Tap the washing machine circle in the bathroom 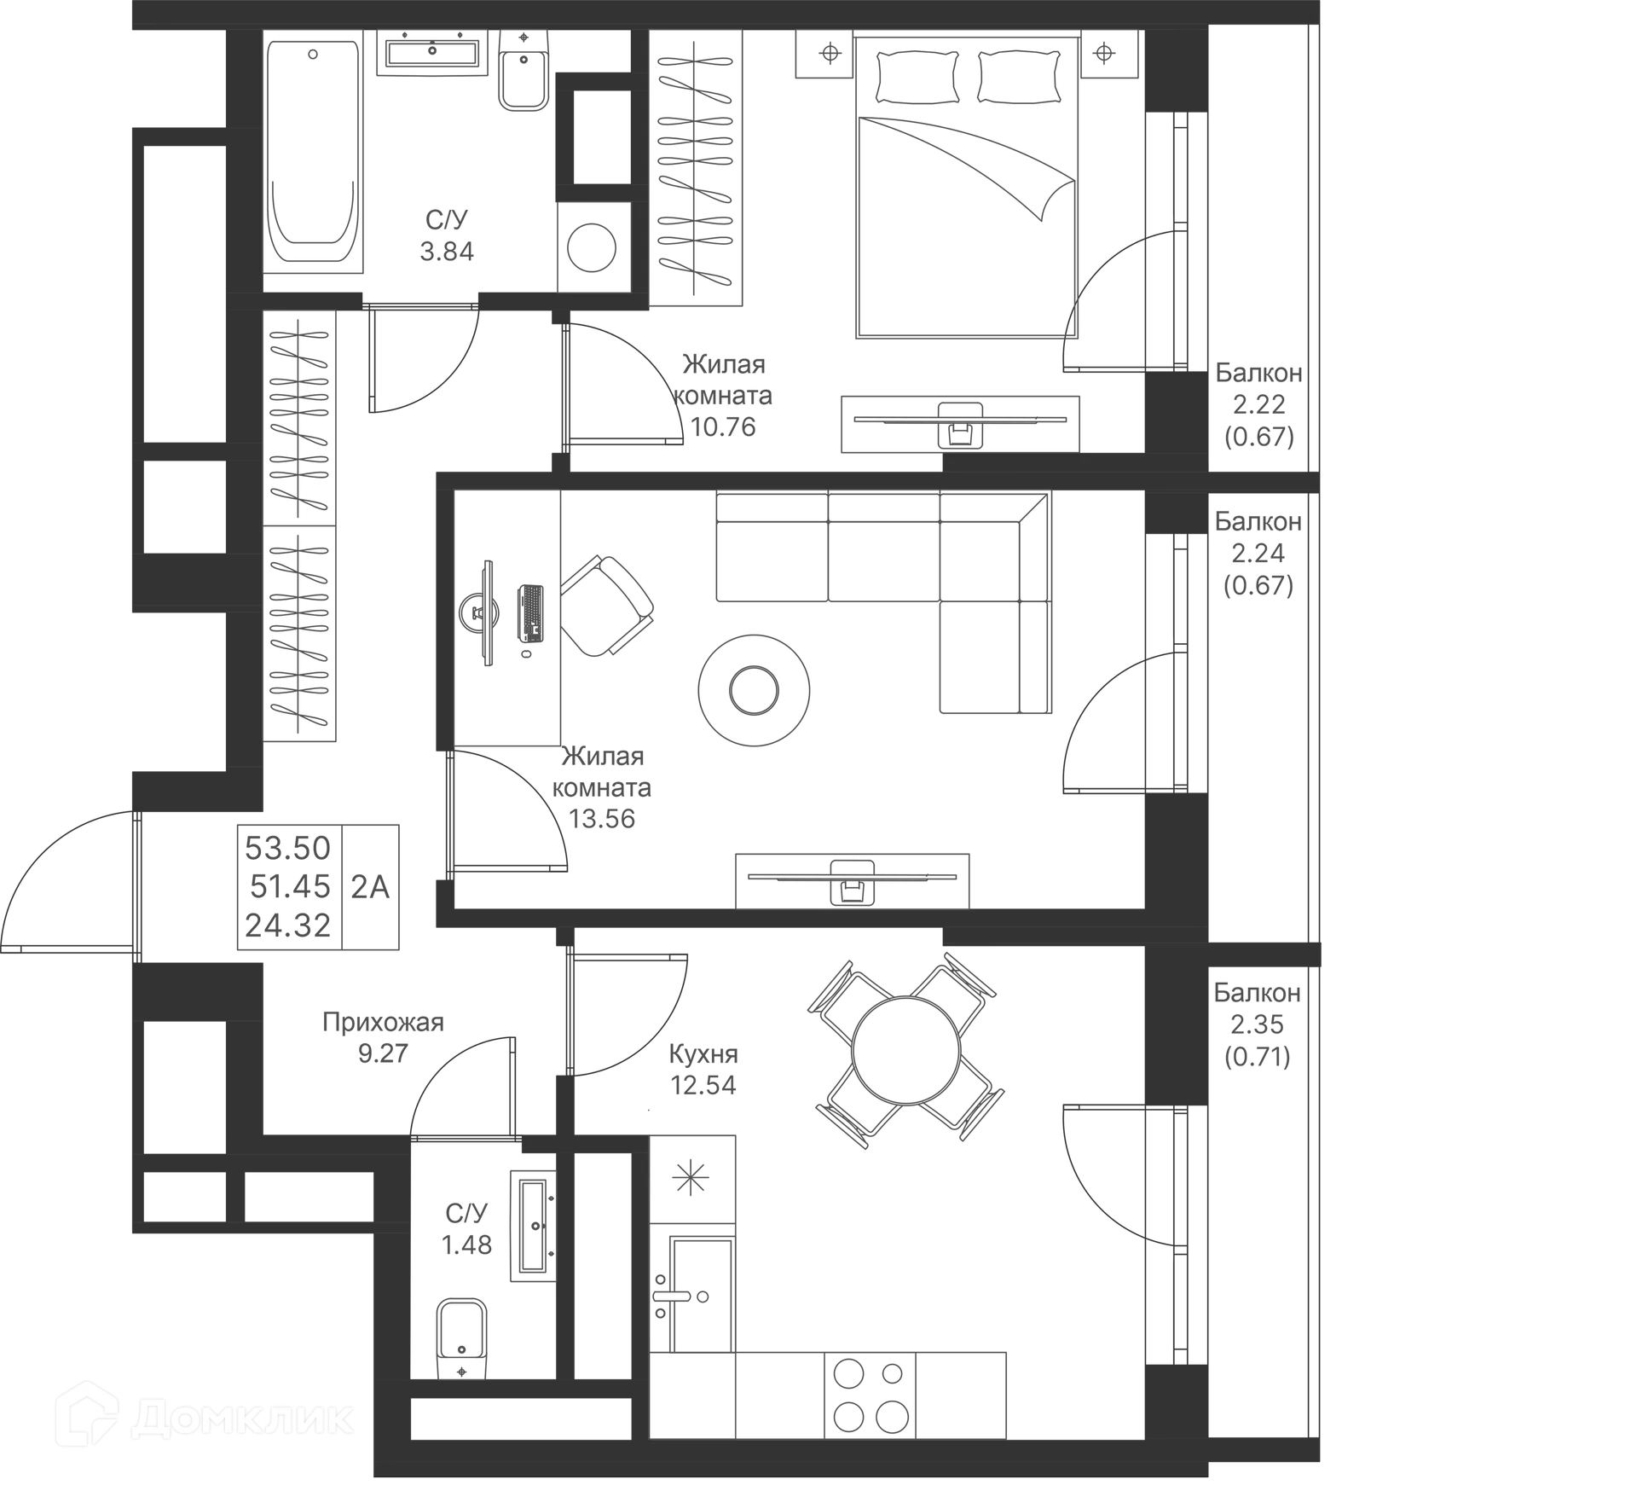click(593, 247)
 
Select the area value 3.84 click(447, 252)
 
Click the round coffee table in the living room click(754, 690)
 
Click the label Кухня click(703, 1054)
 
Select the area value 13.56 click(602, 819)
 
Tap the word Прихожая click(383, 1022)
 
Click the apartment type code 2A click(370, 887)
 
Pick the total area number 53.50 click(288, 848)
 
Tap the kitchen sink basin click(701, 1295)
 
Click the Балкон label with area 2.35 click(1258, 993)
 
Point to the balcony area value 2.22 click(1258, 404)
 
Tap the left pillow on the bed click(917, 77)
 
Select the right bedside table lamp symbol click(1104, 54)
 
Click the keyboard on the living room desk click(530, 613)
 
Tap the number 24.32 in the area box click(288, 925)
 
